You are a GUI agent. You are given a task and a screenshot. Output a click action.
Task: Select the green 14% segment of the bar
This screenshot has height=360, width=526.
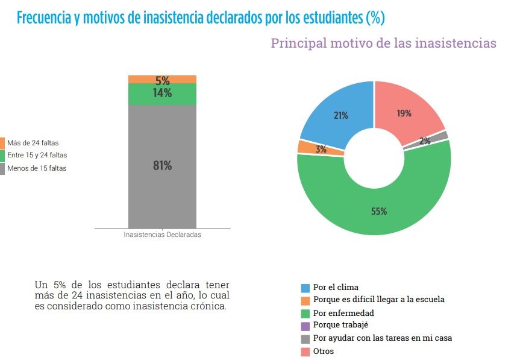162,93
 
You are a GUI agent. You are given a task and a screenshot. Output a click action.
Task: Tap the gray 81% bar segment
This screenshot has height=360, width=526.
162,166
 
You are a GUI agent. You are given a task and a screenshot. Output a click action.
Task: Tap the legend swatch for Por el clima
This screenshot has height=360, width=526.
305,288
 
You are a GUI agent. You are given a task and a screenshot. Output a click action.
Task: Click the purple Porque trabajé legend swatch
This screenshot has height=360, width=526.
305,326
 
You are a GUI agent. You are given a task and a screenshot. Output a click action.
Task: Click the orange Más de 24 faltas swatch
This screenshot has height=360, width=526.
2,143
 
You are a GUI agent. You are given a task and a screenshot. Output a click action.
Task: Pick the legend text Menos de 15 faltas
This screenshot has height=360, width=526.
37,168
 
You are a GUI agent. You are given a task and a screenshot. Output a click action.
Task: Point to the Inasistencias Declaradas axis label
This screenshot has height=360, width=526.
162,235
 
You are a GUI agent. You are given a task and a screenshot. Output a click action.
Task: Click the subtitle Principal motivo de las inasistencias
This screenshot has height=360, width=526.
383,43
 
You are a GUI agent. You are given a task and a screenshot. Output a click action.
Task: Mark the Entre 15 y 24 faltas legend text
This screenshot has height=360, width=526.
37,156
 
